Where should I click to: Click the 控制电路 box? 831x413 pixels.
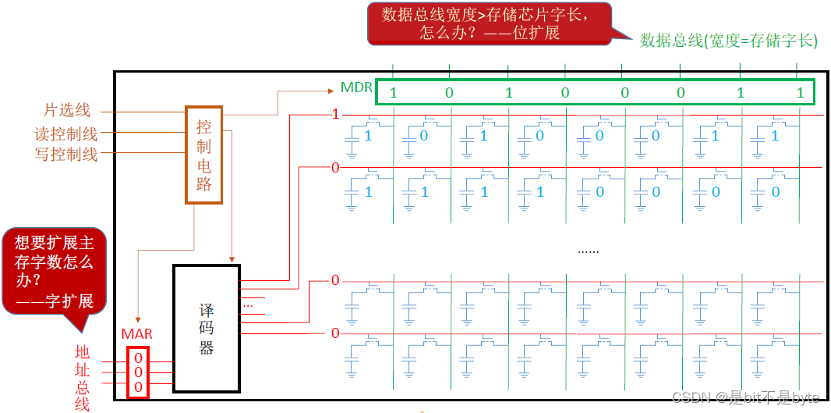point(204,155)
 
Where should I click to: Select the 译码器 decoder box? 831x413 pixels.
point(206,329)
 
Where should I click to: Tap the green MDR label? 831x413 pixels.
point(357,87)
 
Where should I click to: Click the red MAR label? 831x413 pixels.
point(137,334)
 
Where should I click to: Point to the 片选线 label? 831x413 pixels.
point(67,112)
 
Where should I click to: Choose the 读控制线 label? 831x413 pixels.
point(66,134)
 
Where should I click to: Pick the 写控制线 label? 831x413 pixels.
point(66,155)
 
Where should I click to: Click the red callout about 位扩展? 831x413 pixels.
point(490,24)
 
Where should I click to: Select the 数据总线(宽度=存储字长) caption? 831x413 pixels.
point(729,41)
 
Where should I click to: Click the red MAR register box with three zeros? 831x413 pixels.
point(138,372)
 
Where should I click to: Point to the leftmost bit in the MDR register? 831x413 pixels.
point(393,93)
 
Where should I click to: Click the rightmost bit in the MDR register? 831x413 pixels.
point(800,93)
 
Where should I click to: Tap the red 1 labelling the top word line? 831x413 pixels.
point(336,115)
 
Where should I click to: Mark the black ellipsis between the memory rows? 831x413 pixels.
point(588,251)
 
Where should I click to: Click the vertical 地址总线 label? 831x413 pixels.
point(83,377)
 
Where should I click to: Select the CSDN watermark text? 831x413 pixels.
point(745,398)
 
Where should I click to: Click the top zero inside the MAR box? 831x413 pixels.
point(138,358)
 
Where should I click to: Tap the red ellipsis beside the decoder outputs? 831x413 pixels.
point(248,304)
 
